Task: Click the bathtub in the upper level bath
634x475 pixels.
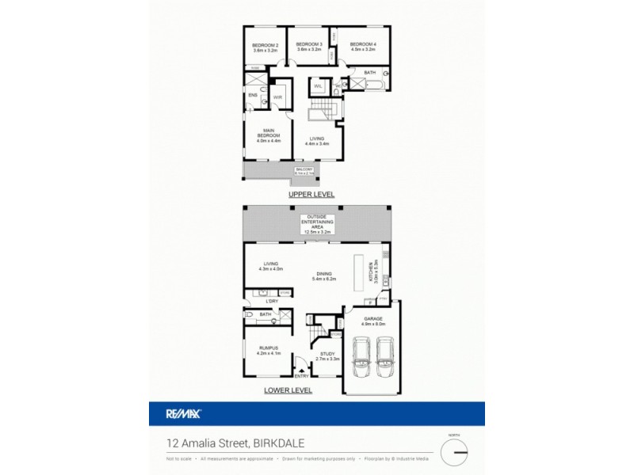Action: point(372,82)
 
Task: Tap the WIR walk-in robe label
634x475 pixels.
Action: point(278,97)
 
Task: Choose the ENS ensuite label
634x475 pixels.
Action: point(253,96)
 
